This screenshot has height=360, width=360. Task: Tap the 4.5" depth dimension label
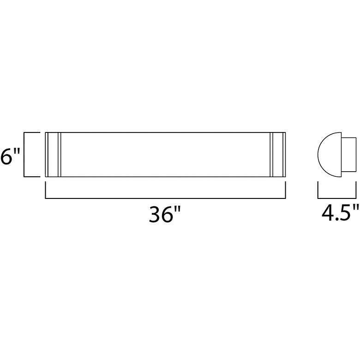coord(340,214)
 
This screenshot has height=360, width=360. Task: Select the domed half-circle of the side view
coord(329,154)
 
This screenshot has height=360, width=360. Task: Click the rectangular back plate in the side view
coord(349,154)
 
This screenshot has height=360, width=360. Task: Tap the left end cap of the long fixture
coord(53,154)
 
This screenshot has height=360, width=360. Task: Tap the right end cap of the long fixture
coord(279,154)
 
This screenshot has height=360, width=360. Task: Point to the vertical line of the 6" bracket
coord(24,154)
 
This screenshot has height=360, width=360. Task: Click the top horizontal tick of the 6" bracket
coord(32,132)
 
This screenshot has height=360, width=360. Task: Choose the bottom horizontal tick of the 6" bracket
coord(32,176)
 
